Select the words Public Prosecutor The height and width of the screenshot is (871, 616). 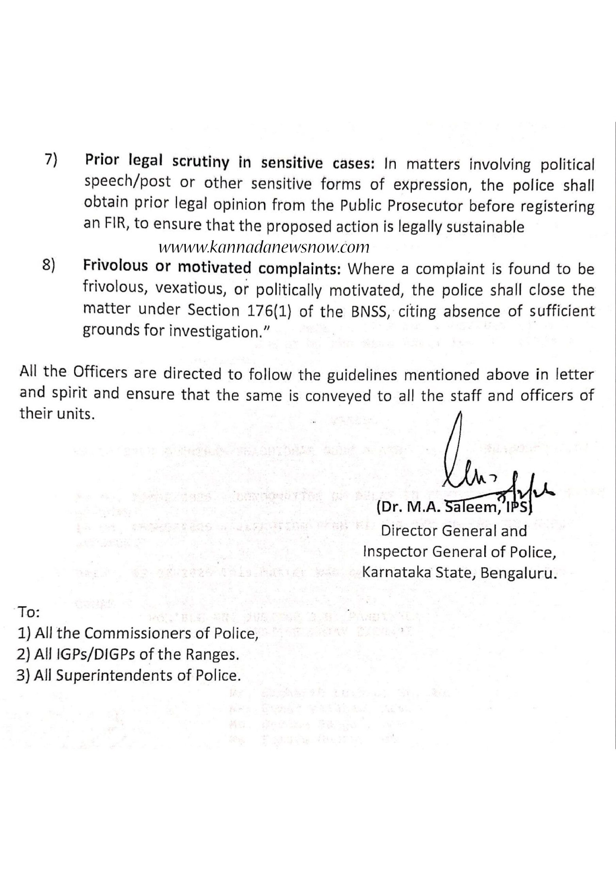tap(401, 207)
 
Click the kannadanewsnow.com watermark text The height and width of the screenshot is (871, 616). tap(263, 247)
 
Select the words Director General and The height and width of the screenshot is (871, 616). tap(454, 531)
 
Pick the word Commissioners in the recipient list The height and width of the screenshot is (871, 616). tap(143, 634)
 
